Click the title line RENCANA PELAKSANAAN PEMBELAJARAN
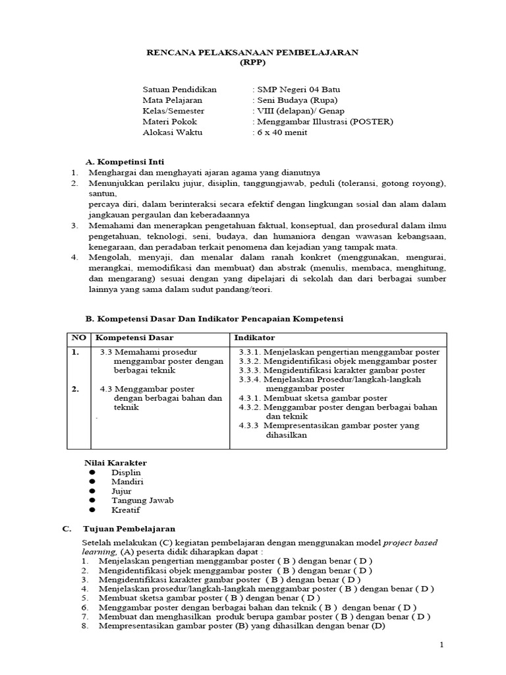click(252, 52)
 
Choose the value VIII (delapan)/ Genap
click(300, 111)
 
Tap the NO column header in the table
click(79, 338)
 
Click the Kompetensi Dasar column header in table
click(135, 338)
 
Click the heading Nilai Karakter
click(116, 463)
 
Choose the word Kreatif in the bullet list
click(125, 510)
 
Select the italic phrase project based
click(409, 542)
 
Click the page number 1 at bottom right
click(442, 645)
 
